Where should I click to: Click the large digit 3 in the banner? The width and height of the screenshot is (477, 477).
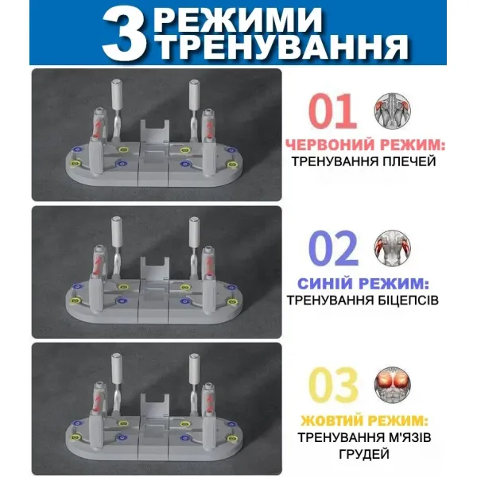[x=124, y=33]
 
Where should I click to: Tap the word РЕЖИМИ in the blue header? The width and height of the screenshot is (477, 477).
[x=237, y=19]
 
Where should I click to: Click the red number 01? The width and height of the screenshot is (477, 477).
[x=332, y=111]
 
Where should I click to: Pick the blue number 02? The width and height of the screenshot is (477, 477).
[x=333, y=248]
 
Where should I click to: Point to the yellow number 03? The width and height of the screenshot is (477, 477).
[x=333, y=385]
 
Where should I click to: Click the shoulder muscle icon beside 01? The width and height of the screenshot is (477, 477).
[x=392, y=111]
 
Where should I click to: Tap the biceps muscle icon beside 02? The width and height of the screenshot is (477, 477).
[x=392, y=248]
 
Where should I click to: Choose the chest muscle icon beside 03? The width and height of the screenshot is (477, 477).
[x=392, y=385]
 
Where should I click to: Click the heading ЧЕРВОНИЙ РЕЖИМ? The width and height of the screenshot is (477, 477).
[x=365, y=145]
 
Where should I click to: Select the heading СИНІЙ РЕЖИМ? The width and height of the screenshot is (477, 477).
[x=363, y=284]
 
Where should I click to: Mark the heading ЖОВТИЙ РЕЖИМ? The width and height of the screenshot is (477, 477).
[x=364, y=421]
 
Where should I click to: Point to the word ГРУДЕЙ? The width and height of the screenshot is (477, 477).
[x=364, y=454]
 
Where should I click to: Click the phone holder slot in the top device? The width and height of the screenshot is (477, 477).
[x=154, y=131]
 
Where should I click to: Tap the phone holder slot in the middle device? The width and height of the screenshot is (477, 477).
[x=154, y=269]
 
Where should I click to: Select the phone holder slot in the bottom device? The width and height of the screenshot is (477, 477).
[x=154, y=405]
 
